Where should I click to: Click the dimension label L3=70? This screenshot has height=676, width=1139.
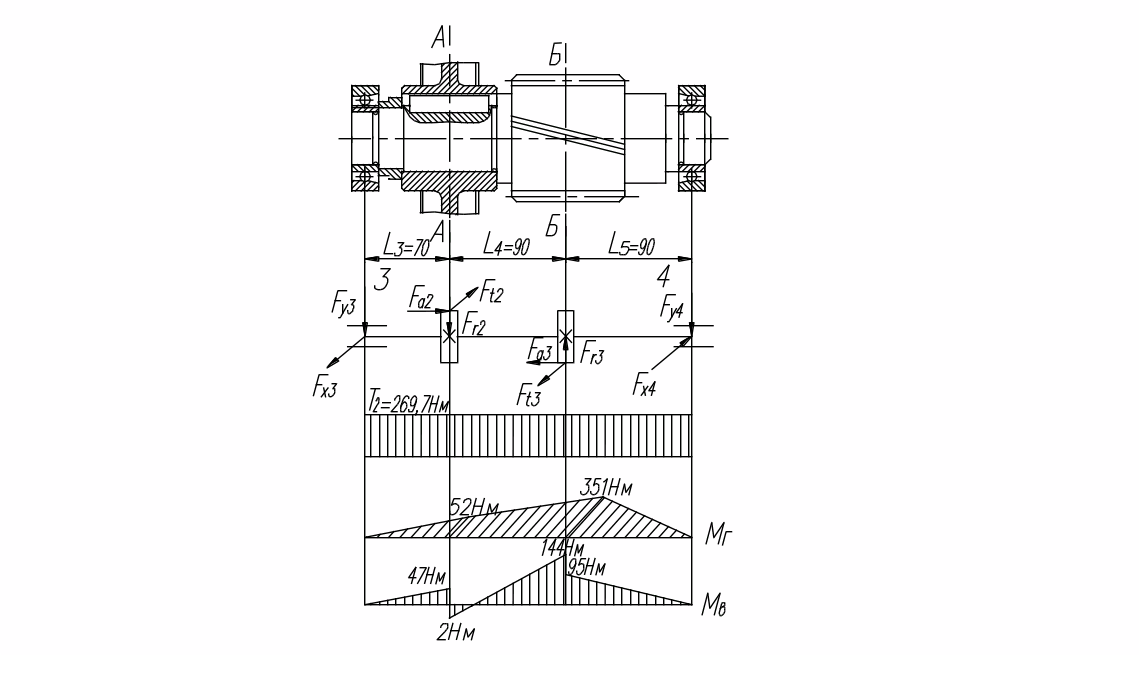407,244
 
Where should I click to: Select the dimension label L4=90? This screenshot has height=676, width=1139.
506,244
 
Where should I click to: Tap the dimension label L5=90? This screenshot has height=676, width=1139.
631,245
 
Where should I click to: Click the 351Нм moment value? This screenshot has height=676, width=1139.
607,488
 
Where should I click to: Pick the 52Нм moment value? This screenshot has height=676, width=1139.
475,508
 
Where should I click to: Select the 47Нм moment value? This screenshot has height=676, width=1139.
426,576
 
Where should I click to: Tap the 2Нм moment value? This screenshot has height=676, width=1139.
455,632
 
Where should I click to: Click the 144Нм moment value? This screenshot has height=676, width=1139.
561,548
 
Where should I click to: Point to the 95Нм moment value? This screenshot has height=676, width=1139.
587,567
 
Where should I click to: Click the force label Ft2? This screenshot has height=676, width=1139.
491,292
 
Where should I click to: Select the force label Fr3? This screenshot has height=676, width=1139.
592,353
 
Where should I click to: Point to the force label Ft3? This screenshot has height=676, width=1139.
529,396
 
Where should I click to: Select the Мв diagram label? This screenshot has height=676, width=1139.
714,604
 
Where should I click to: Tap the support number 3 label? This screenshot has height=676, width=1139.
381,279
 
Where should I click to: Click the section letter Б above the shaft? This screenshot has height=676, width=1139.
556,56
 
